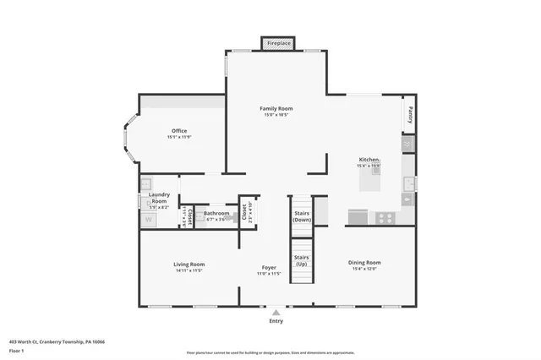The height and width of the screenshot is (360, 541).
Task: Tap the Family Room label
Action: point(276,109)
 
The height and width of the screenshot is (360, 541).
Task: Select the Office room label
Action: point(179,131)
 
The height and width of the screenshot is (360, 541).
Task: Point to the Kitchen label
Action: point(369,160)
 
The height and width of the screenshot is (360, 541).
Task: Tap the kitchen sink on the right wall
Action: point(409,183)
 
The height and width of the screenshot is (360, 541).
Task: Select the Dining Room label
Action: point(364,263)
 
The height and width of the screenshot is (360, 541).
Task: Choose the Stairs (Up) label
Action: point(301,260)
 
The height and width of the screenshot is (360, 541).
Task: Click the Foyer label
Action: point(269,268)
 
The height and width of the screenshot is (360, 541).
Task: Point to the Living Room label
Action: point(189,264)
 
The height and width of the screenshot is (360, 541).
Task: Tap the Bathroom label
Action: point(216,214)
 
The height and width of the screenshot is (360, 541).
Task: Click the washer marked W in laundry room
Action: point(148,219)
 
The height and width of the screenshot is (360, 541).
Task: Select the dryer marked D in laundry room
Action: point(146,183)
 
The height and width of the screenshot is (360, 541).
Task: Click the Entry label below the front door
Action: point(276,321)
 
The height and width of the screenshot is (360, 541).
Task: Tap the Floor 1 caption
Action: point(17,350)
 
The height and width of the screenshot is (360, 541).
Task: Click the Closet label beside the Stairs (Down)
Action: point(243,212)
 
